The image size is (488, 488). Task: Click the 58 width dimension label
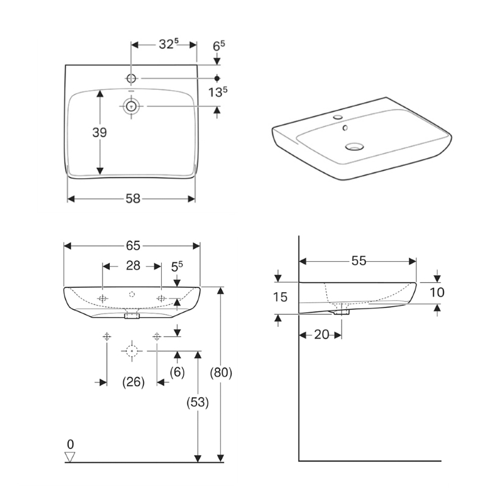click(133, 198)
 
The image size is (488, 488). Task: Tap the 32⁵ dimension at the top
click(168, 45)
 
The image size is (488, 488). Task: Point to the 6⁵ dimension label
click(219, 45)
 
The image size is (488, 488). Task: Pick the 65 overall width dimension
click(133, 245)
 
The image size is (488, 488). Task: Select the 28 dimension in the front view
click(133, 265)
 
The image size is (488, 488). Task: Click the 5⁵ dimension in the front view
click(177, 266)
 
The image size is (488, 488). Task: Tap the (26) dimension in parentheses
click(133, 382)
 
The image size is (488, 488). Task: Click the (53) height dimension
click(197, 402)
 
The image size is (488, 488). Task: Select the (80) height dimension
click(221, 373)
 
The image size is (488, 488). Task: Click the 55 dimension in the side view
click(358, 260)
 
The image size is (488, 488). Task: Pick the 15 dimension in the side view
click(281, 298)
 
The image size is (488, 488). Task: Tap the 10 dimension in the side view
click(437, 292)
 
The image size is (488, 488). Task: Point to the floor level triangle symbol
click(70, 457)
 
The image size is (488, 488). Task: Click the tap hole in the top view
click(132, 78)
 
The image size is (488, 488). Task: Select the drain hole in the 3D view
click(353, 146)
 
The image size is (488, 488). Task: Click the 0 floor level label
click(70, 443)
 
